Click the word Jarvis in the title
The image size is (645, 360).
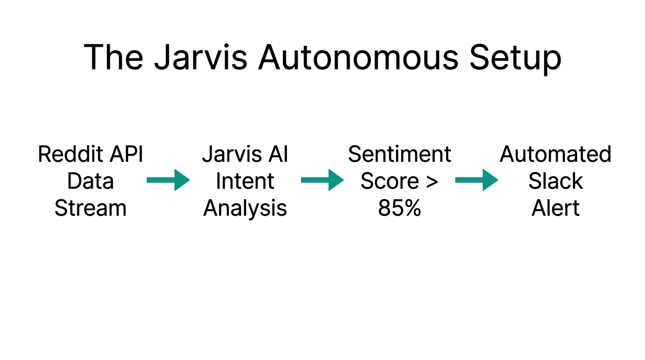(x=201, y=58)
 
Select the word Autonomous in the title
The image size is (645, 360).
(x=357, y=58)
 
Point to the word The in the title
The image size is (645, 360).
(x=113, y=58)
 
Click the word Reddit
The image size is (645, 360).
(x=71, y=154)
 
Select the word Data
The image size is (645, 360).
(x=90, y=181)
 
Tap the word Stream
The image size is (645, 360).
(x=90, y=208)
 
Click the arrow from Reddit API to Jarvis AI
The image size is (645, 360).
(x=168, y=180)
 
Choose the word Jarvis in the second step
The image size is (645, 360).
(x=226, y=154)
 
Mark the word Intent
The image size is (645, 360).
(x=245, y=181)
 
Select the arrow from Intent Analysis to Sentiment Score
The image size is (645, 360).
(x=322, y=180)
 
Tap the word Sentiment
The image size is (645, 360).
(x=399, y=154)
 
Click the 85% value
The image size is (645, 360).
(x=399, y=208)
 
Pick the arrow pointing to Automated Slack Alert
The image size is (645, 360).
(x=476, y=180)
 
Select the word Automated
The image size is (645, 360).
(x=555, y=154)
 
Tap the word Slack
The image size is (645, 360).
(x=555, y=181)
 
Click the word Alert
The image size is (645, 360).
(x=555, y=208)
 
